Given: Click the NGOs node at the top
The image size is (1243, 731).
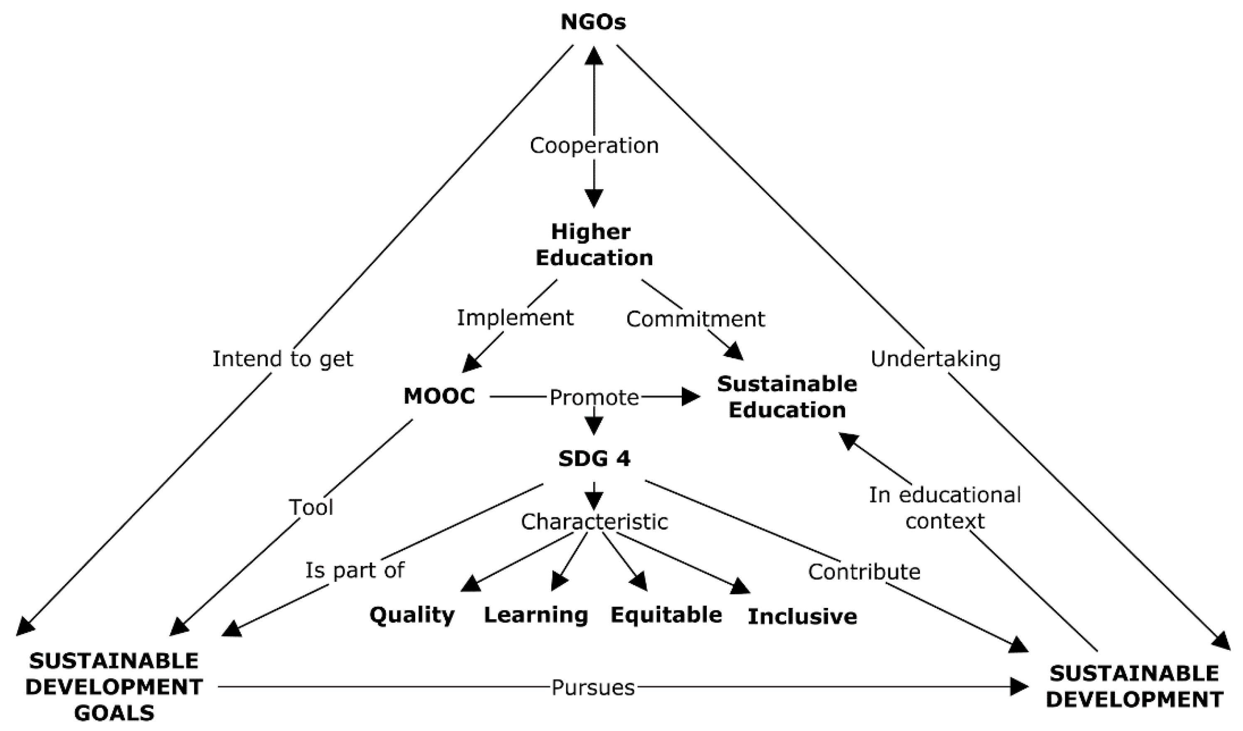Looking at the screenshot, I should tap(593, 22).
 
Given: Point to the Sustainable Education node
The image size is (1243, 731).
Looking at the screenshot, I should tap(787, 397).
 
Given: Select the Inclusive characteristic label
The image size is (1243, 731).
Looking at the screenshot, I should tap(802, 617).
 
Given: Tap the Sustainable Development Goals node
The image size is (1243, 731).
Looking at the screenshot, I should tap(114, 687).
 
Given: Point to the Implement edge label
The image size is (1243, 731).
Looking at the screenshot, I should tap(515, 318).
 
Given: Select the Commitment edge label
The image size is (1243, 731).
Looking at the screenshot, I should tap(695, 319).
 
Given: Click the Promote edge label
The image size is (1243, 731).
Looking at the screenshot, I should tap(594, 398).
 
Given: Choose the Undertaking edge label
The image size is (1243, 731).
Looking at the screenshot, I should tap(935, 359).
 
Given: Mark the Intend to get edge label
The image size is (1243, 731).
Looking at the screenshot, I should tap(283, 359).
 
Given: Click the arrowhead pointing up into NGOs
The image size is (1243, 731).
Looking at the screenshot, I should tap(594, 55).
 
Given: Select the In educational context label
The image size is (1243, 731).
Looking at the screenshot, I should tap(945, 508).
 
